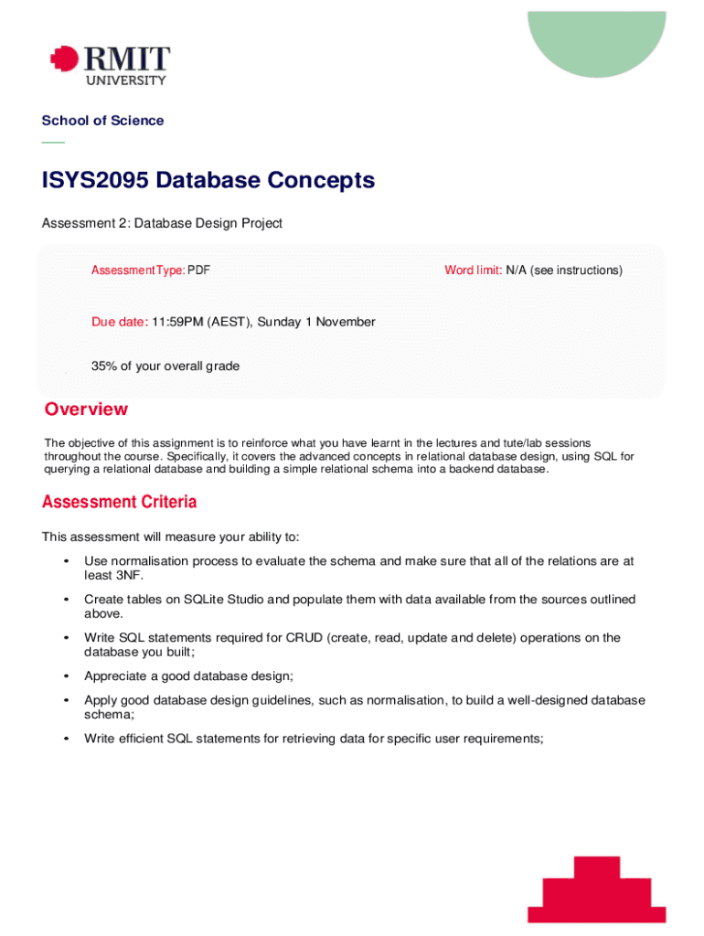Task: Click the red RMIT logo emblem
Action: (63, 61)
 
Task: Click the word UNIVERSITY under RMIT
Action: (126, 80)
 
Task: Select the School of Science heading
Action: (102, 121)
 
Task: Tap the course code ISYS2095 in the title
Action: (95, 180)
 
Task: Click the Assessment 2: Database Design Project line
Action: (162, 223)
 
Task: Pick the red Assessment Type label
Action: (137, 271)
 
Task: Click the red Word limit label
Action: (473, 271)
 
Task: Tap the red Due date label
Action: (119, 322)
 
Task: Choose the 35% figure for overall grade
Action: (103, 367)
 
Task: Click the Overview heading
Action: (86, 409)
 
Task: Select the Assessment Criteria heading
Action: (119, 503)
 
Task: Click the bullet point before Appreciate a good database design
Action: (66, 676)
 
